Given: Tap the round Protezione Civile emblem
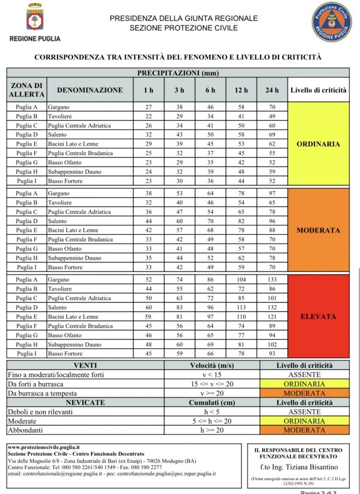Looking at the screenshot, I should tap(331, 22).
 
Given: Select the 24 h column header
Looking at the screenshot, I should tap(272, 90).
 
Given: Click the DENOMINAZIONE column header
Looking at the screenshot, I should tap(90, 90).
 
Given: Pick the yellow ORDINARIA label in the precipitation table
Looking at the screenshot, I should tap(318, 144).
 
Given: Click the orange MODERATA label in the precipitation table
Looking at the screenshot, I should tap(318, 230).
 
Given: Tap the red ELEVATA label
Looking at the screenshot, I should tap(318, 317).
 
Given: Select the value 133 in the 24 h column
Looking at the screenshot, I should tap(272, 280).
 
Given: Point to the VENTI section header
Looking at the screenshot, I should tap(85, 366).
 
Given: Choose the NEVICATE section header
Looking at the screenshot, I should tap(85, 403).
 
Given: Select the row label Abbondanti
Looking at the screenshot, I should tap(25, 430).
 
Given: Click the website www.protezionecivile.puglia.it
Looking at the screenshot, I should tap(44, 446).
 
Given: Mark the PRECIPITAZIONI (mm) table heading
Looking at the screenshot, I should tap(178, 73).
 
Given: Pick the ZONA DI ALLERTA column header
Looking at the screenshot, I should tap(26, 90).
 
